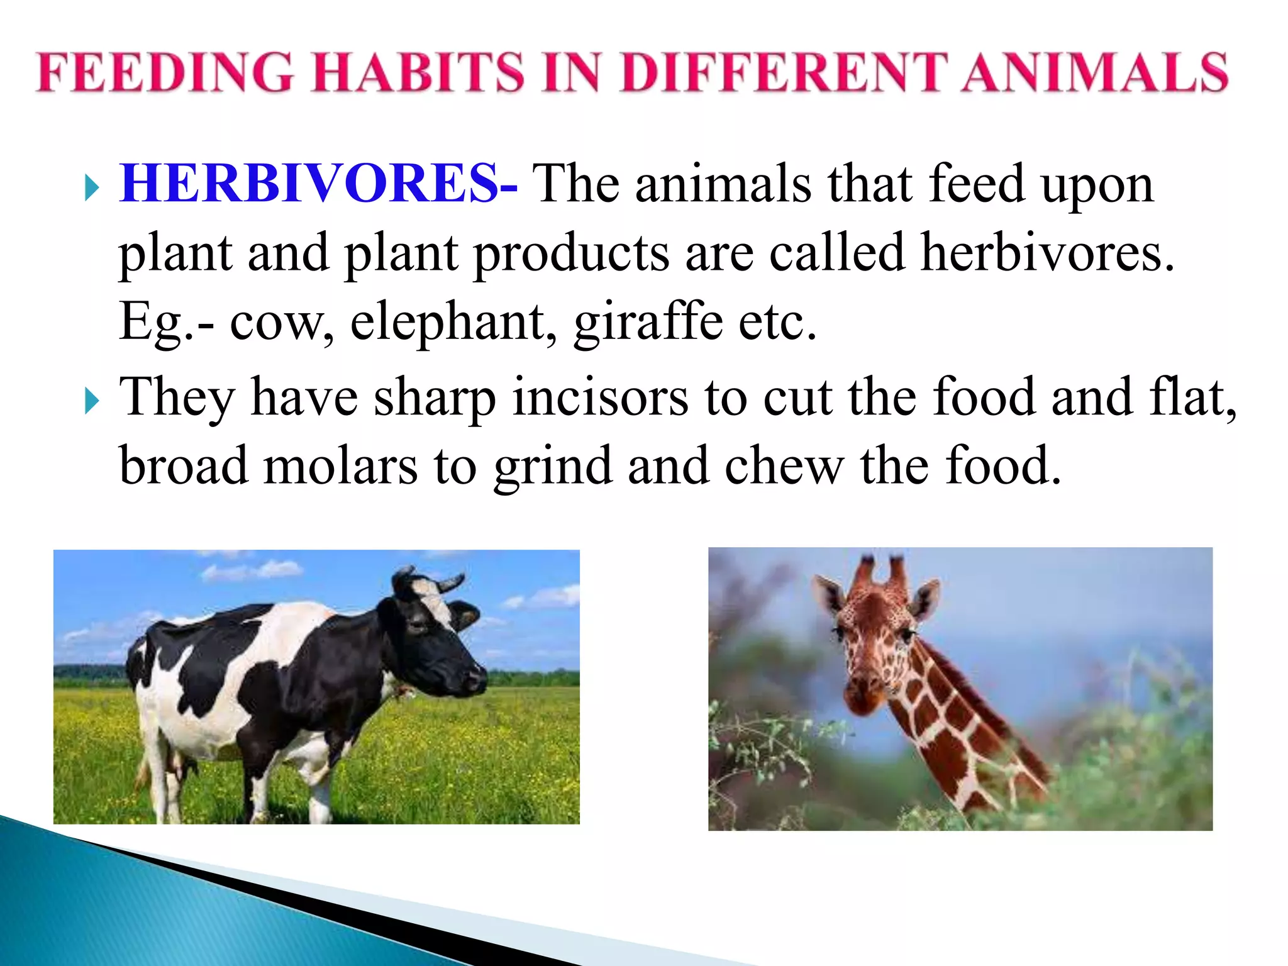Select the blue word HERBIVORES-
tap(318, 184)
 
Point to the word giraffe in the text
tap(648, 322)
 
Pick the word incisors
tap(601, 397)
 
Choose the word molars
tap(340, 467)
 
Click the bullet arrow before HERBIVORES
tap(92, 187)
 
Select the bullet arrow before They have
tap(92, 401)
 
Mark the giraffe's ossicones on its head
tap(880, 569)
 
